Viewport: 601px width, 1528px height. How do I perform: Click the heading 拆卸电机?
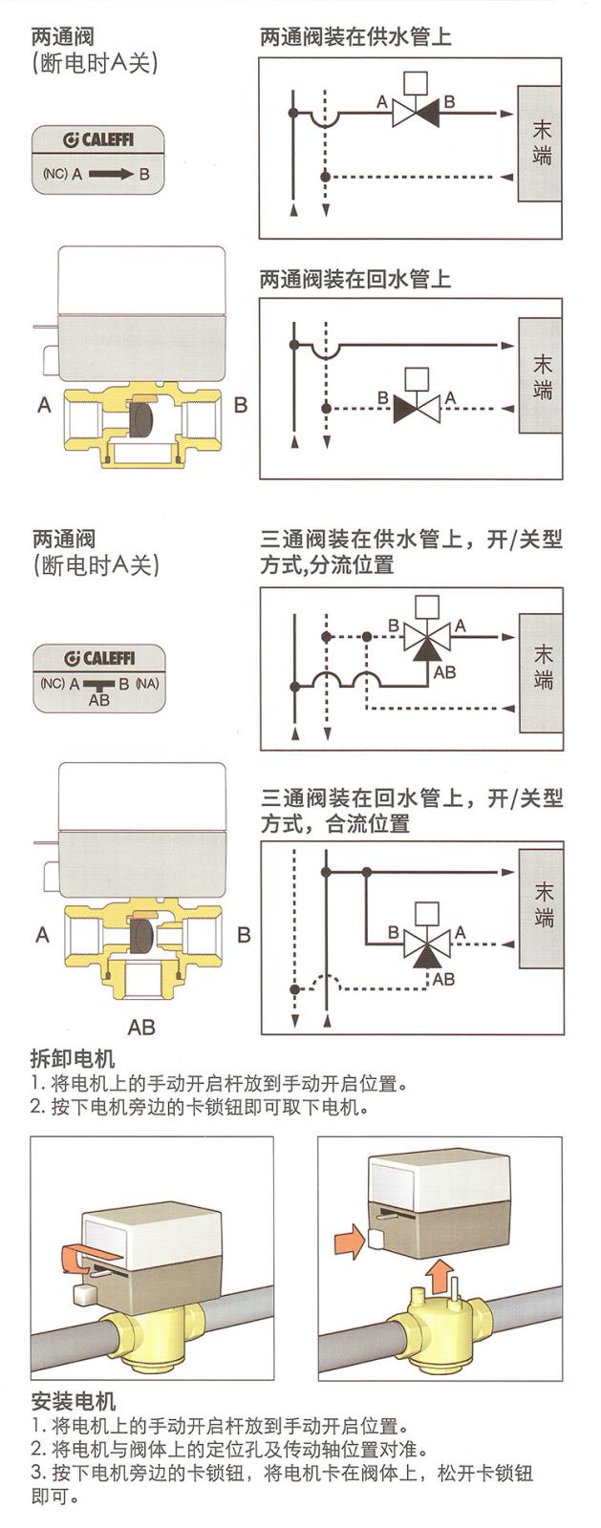73,1059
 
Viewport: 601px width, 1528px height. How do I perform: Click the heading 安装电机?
73,1401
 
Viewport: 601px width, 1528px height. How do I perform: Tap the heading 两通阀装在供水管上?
354,37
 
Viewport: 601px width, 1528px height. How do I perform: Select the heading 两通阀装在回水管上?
354,280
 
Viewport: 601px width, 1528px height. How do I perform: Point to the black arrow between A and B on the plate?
112,175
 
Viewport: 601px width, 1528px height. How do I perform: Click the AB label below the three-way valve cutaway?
141,1028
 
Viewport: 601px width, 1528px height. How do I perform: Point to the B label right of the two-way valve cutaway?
241,406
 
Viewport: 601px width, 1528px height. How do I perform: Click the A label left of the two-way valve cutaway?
44,406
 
